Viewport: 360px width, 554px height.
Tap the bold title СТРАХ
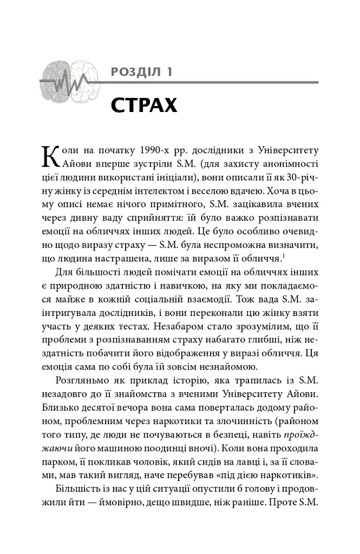click(x=144, y=104)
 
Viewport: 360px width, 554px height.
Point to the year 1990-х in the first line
click(x=158, y=149)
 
